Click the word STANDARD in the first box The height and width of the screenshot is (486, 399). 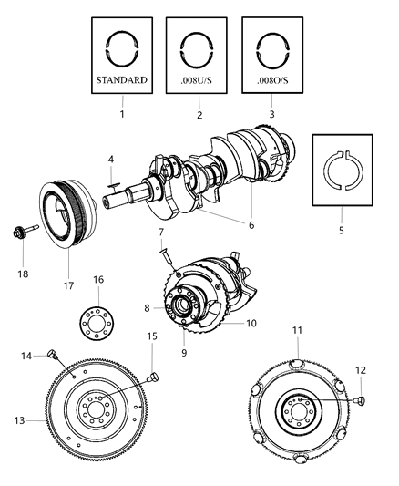coord(121,80)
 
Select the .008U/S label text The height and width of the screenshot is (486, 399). coord(196,80)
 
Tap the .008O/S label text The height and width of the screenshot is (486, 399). coord(271,79)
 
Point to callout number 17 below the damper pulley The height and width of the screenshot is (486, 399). coord(69,270)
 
